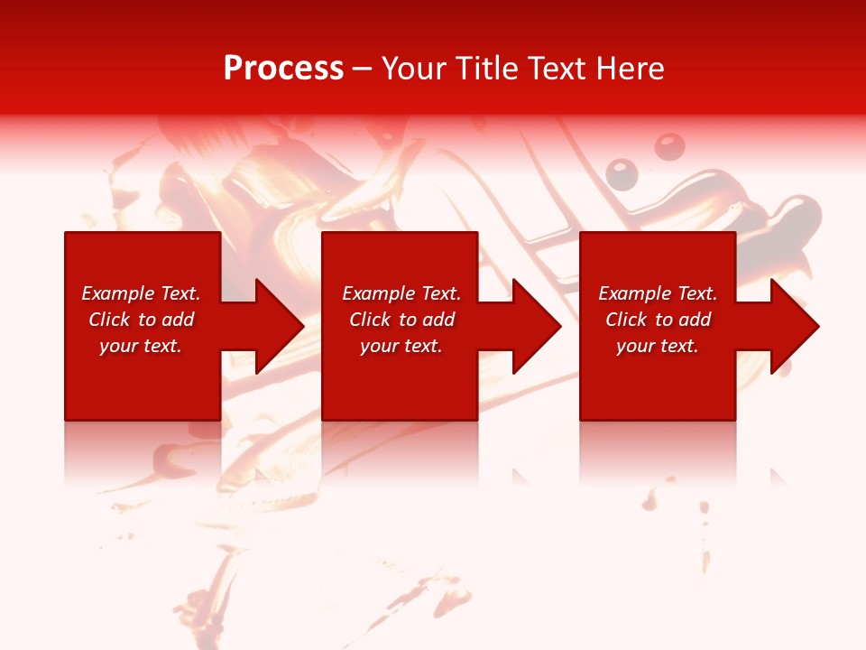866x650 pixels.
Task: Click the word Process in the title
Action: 283,69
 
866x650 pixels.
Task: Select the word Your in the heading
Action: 414,69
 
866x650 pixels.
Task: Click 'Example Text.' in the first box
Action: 141,293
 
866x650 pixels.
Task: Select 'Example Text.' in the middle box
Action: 401,293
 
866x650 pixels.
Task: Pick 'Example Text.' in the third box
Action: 658,293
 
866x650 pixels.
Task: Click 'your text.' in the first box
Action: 141,346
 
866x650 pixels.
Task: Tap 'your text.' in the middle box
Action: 401,346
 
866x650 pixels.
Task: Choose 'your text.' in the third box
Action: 658,346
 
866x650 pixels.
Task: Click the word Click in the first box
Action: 109,320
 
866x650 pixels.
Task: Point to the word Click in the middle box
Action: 370,320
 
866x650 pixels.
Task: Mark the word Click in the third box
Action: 626,320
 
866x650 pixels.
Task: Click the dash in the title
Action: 363,70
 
